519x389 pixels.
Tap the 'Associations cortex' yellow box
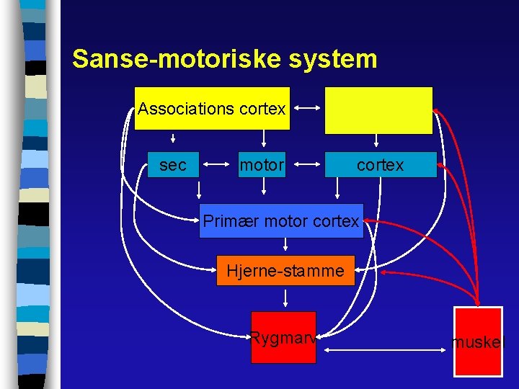213,109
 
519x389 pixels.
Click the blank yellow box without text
378,110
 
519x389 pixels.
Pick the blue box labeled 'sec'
173,165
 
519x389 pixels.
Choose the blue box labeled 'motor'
262,165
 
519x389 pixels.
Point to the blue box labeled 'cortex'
381,165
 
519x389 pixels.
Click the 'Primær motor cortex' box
281,221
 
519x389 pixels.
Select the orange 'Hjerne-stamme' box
285,271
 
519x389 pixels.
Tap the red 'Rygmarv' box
283,337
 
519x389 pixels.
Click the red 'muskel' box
477,341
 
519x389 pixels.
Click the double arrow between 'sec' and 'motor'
218,165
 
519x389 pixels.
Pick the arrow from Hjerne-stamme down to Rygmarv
286,298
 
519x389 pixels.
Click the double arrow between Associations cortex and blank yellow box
308,109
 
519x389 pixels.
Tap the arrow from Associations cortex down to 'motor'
265,138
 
